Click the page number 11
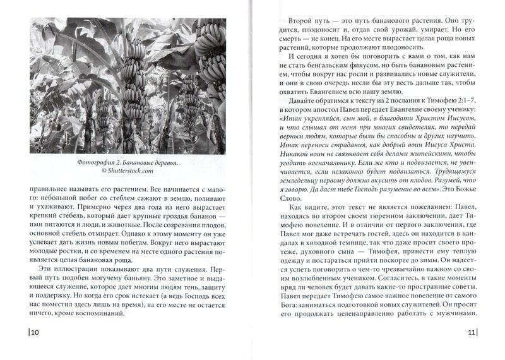point(470,332)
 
